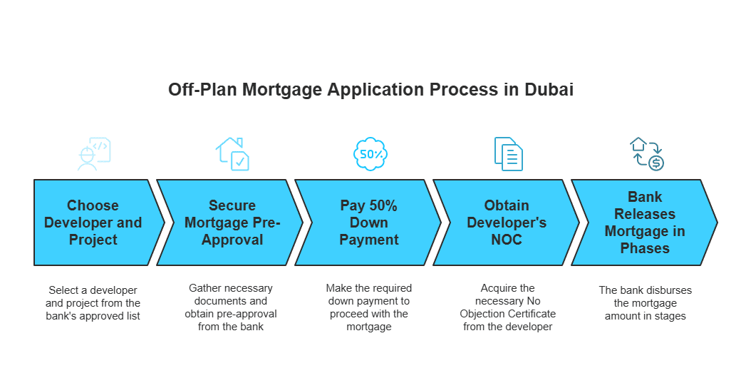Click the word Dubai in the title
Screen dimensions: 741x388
pyautogui.click(x=549, y=89)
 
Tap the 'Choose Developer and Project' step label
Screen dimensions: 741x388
pyautogui.click(x=93, y=223)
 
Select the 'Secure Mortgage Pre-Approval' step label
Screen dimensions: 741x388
pyautogui.click(x=232, y=223)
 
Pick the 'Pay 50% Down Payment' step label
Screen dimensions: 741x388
pyautogui.click(x=368, y=223)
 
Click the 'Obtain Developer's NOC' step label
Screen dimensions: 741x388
pyautogui.click(x=507, y=223)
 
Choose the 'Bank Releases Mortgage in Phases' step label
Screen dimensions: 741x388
pyautogui.click(x=645, y=223)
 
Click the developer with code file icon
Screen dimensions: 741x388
pyautogui.click(x=94, y=154)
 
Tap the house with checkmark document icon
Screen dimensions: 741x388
pyautogui.click(x=232, y=154)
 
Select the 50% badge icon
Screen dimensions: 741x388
pyautogui.click(x=370, y=154)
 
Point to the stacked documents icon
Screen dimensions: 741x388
pyautogui.click(x=509, y=154)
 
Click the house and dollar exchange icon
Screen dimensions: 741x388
pyautogui.click(x=647, y=154)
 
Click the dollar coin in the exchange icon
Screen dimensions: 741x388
pyautogui.click(x=656, y=163)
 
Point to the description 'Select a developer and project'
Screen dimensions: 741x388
pyautogui.click(x=93, y=303)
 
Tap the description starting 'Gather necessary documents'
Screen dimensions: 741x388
pyautogui.click(x=231, y=307)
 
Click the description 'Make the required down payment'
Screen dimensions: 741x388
pyautogui.click(x=368, y=307)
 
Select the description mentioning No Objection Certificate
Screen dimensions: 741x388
pyautogui.click(x=507, y=307)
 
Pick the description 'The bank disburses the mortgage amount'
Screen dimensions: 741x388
pyautogui.click(x=645, y=303)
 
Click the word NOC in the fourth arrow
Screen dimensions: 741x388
pyautogui.click(x=507, y=240)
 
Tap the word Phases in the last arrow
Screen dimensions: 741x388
pyautogui.click(x=645, y=248)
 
